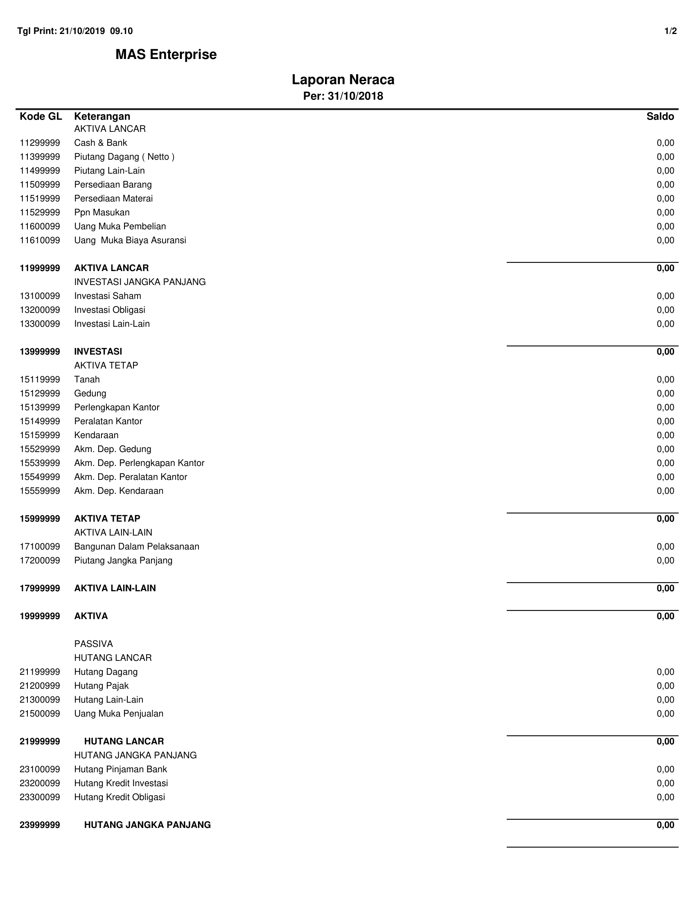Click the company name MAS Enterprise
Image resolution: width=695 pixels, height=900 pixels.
166,54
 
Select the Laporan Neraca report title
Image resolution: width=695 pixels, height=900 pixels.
343,79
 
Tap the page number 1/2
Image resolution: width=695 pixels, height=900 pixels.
670,31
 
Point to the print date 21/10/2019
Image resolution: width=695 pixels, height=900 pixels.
82,31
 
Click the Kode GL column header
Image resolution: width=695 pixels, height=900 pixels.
41,117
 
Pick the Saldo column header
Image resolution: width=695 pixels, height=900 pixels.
660,117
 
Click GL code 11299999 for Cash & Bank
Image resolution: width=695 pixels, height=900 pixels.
40,143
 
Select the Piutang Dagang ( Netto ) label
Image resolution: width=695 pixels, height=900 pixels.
124,157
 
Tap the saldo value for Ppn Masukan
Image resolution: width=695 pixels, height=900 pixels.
666,213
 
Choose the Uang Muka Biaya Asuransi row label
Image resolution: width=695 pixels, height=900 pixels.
130,240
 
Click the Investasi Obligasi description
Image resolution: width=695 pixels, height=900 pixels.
109,310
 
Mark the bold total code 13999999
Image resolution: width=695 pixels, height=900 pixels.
40,351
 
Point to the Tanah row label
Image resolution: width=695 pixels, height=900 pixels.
86,380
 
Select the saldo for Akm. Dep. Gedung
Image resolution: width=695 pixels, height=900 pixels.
666,449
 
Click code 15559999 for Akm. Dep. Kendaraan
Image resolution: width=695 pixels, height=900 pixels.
40,491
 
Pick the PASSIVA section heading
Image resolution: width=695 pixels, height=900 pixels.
93,644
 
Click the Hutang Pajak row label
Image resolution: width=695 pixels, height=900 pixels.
101,686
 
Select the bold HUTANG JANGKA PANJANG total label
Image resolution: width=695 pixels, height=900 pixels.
147,825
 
